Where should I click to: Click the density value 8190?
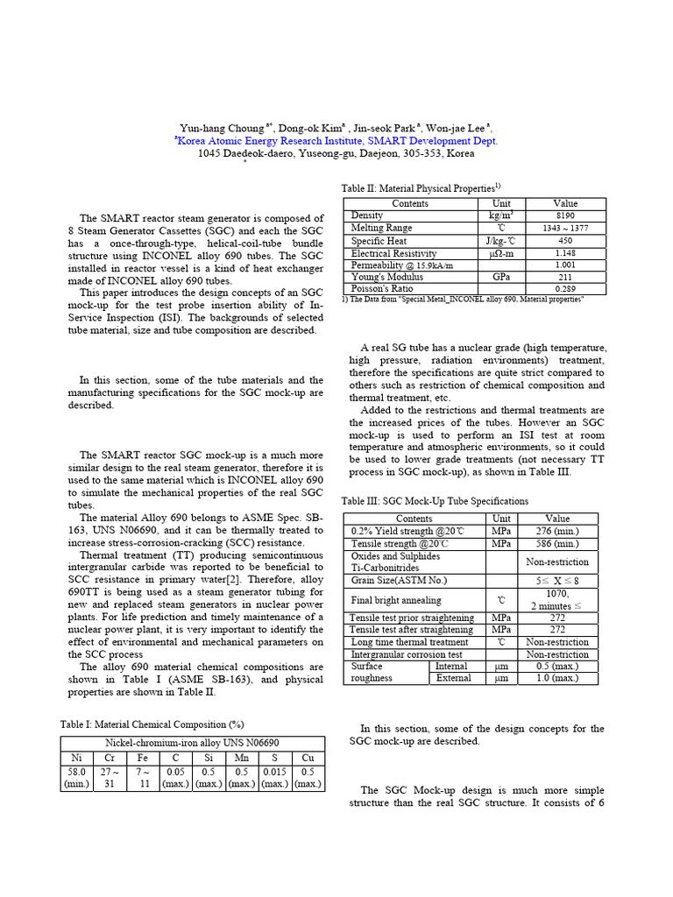coord(565,215)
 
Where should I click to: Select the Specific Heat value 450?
coord(565,240)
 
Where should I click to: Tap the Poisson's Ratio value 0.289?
coord(565,288)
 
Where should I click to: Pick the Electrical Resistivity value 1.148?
coord(565,252)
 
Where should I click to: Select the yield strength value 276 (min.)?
coord(557,531)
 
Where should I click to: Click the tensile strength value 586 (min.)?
coord(557,543)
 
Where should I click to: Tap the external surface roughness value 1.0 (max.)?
coord(557,678)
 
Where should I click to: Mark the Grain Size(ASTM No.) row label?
coord(399,580)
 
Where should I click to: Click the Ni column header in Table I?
coord(76,757)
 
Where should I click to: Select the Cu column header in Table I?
coord(307,757)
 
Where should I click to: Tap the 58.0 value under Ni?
coord(76,771)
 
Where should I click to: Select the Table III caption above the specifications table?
coord(435,501)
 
